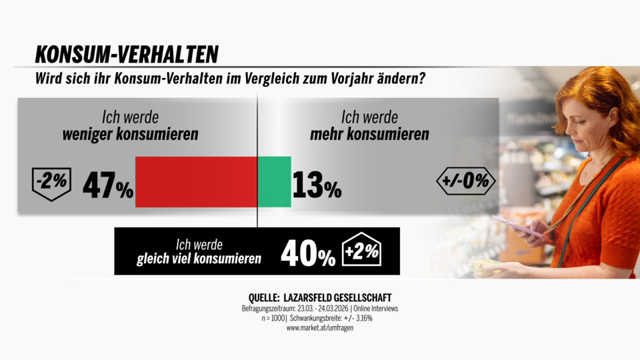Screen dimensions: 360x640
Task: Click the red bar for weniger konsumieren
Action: [196, 182]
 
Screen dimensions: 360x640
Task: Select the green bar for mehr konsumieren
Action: [274, 182]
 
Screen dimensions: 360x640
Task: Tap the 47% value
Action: [107, 186]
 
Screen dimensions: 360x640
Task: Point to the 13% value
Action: [316, 186]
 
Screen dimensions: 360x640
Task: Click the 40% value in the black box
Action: [307, 253]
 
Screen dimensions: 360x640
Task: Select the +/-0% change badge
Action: [465, 181]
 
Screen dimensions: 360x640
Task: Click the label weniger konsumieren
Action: [131, 134]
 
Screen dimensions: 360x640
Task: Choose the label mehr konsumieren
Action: [369, 134]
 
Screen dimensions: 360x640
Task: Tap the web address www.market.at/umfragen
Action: [319, 328]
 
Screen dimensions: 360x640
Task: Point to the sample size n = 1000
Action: [263, 318]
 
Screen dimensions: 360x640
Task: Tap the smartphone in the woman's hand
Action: [517, 226]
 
